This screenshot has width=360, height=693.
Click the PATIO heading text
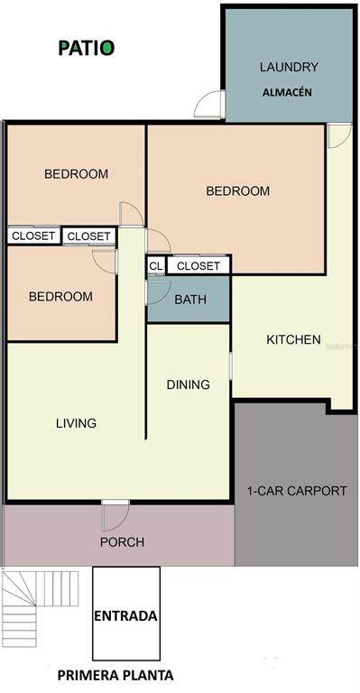pos(87,48)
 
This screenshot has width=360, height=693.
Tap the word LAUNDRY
pos(289,67)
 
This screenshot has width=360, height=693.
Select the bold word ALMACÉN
pos(288,93)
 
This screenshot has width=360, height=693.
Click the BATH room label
pos(190,300)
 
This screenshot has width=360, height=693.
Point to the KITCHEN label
pos(294,339)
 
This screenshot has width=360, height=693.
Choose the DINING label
pos(189,384)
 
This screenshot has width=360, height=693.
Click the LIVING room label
pos(77,423)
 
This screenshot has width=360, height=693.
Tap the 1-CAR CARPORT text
pos(297,491)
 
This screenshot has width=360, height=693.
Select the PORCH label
pos(122,541)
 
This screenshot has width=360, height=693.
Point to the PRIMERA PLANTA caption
pos(115,675)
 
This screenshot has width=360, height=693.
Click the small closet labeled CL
pos(155,266)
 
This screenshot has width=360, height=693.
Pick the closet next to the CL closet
pos(198,265)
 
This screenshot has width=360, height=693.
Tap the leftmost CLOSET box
pos(33,236)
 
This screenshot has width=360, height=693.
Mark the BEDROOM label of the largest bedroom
pos(237,191)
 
